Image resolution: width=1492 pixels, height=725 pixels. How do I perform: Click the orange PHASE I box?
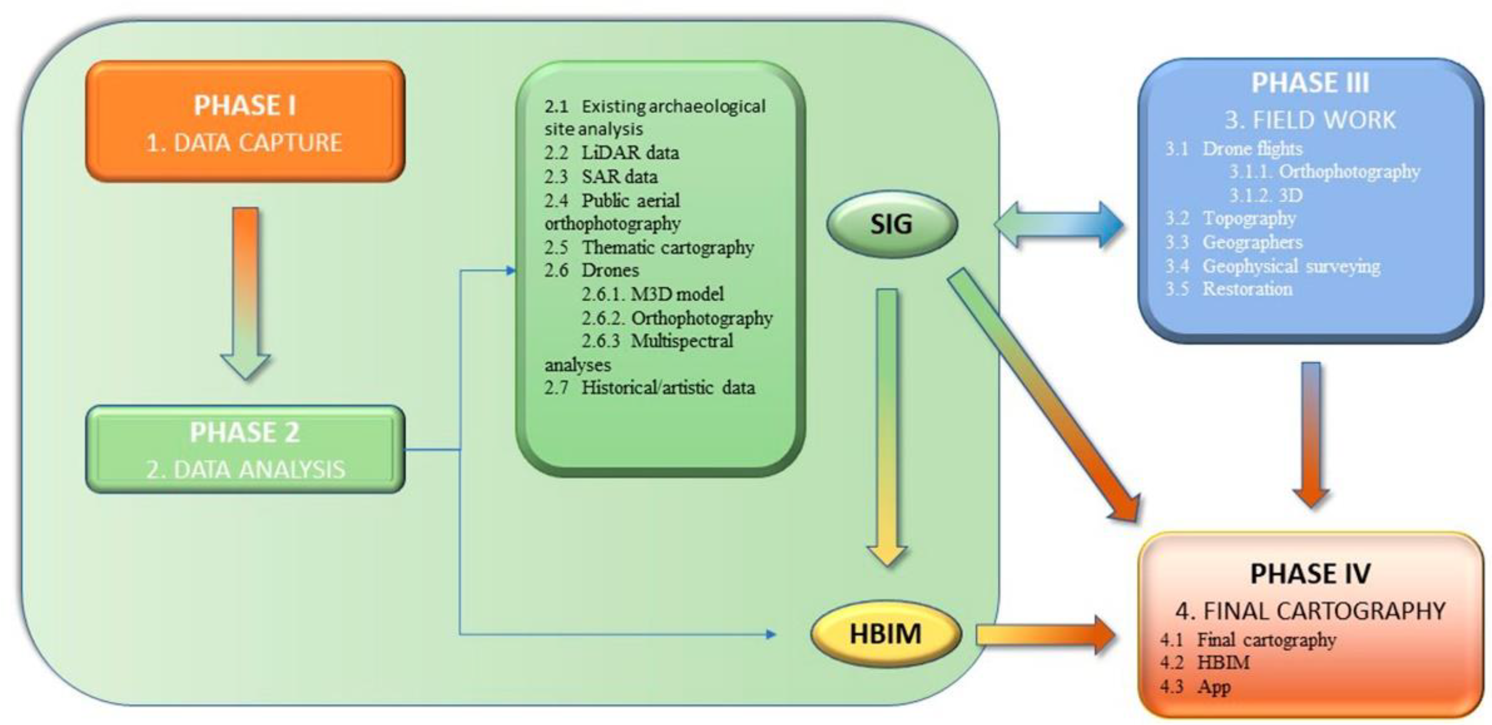click(245, 122)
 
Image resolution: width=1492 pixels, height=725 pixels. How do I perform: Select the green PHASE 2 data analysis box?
click(245, 449)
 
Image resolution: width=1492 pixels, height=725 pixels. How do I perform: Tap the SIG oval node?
click(891, 224)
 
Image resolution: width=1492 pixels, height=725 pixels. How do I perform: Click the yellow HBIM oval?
click(885, 634)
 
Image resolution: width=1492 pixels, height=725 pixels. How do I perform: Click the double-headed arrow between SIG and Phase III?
click(1058, 225)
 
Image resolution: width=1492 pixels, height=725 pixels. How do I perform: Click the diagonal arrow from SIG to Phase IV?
click(1043, 394)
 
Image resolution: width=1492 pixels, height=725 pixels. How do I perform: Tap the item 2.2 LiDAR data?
click(612, 153)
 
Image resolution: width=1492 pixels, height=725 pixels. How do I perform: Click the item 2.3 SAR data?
click(601, 177)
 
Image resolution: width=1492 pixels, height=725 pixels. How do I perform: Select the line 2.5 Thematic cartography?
click(648, 248)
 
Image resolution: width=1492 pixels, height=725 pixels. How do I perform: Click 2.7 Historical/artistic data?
click(649, 388)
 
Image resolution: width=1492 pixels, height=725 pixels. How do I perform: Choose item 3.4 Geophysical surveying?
click(1273, 266)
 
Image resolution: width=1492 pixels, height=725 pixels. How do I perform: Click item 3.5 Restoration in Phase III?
click(1229, 289)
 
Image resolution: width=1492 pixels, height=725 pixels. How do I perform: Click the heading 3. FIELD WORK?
click(1310, 120)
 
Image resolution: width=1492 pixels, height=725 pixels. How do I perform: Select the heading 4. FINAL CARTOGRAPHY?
click(1310, 611)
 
